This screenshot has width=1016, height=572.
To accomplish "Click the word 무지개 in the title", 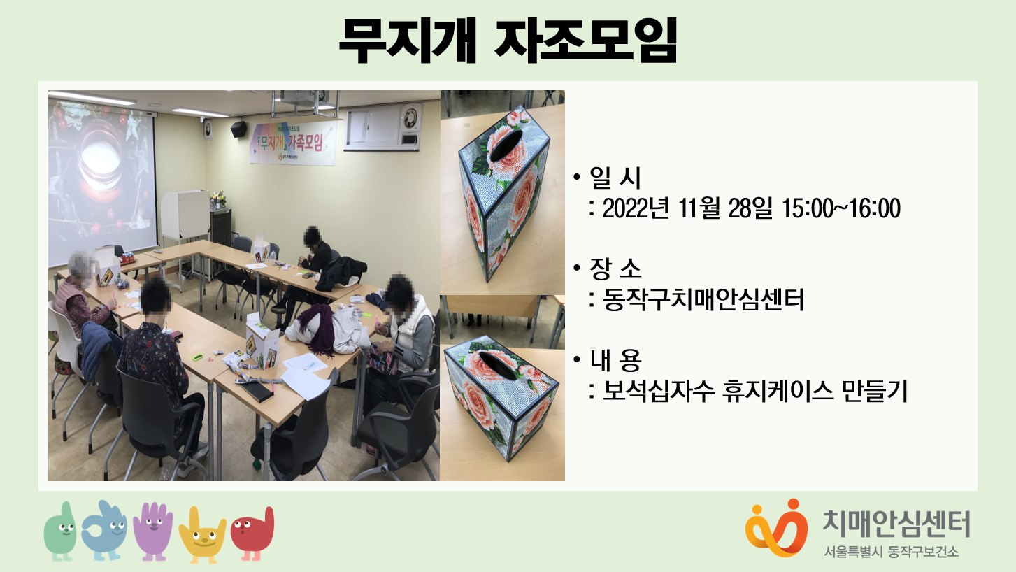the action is [407, 40].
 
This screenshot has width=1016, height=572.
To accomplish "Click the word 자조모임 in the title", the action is [586, 40].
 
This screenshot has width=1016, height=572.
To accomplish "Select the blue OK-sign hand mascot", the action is [105, 530].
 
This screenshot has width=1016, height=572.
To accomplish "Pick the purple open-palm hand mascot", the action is [153, 531].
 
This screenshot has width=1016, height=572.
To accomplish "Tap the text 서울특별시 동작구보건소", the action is [892, 552].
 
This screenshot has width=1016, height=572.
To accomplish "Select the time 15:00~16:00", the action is [842, 208].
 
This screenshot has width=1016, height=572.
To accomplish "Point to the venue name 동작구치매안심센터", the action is [703, 299].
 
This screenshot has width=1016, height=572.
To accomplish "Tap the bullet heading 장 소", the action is [615, 269].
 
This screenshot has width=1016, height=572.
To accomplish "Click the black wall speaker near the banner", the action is [239, 129].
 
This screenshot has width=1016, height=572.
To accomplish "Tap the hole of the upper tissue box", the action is [507, 145].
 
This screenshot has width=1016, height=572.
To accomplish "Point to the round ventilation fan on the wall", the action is [410, 117].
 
